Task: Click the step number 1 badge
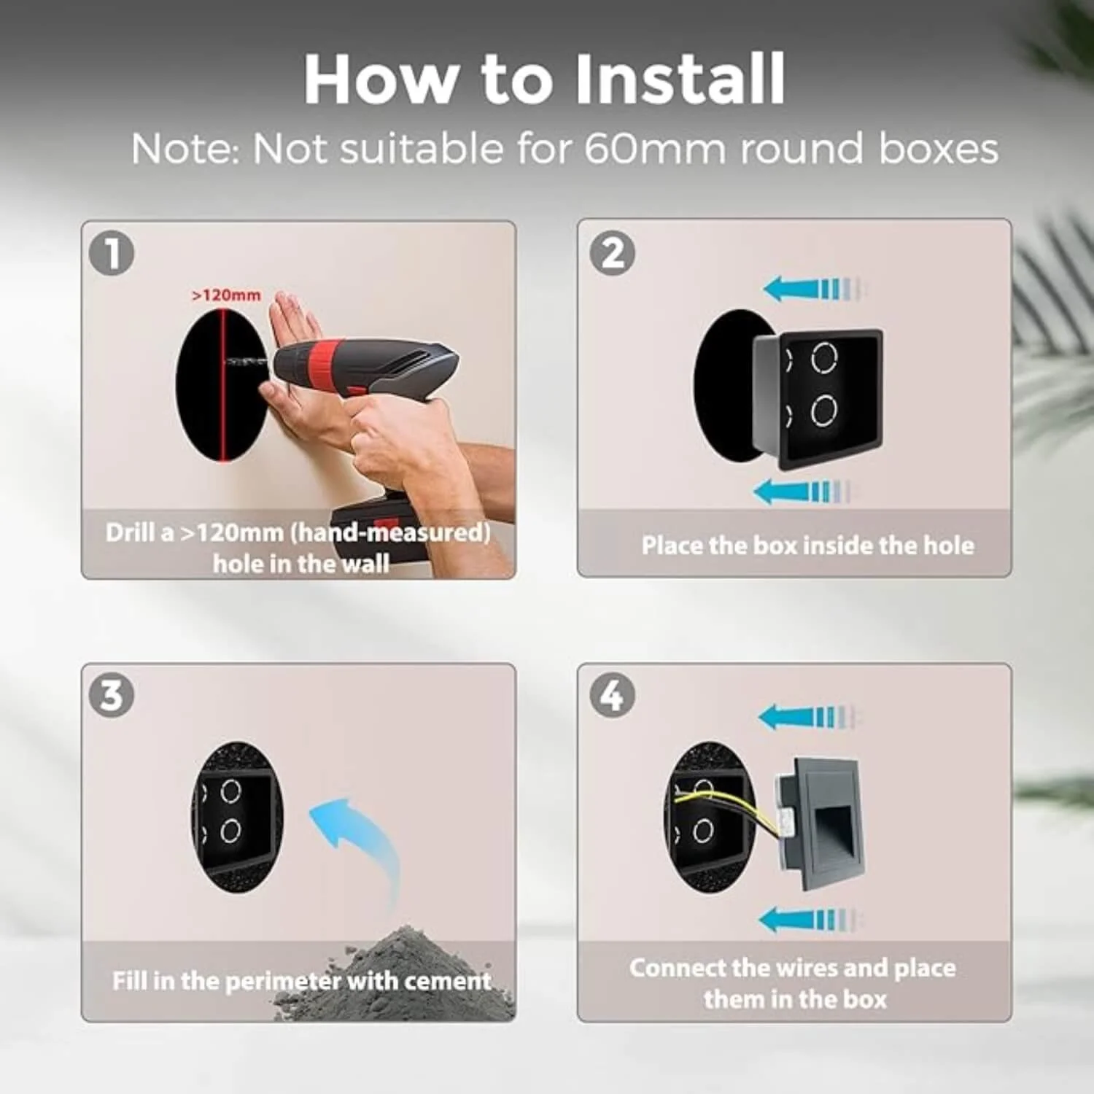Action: pos(112,253)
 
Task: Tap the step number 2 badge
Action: pos(612,253)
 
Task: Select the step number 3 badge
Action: pos(112,694)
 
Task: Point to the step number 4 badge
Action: pos(612,694)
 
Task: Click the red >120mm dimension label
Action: pos(226,295)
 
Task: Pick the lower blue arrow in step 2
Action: pos(802,492)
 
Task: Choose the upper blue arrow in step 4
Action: pos(810,717)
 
